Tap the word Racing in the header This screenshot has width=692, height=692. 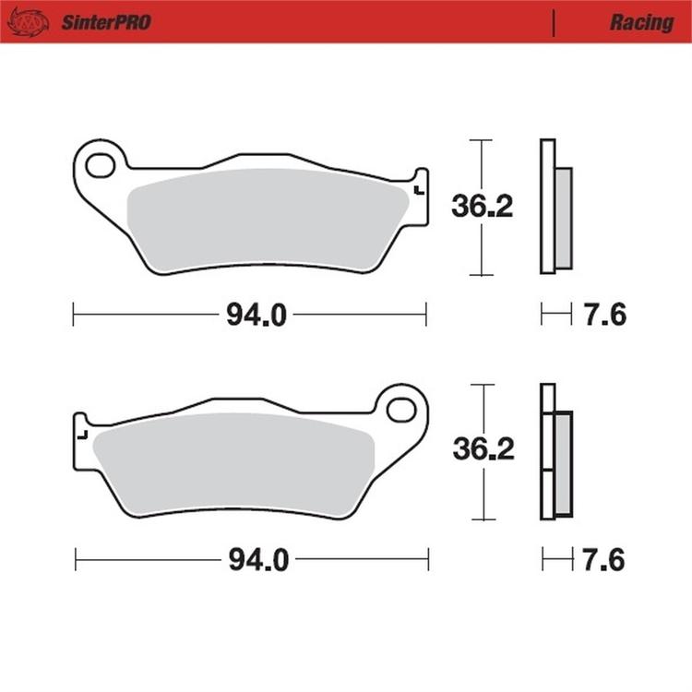click(640, 22)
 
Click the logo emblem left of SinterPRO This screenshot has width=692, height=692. click(27, 21)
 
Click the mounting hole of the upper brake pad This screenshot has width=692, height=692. click(100, 166)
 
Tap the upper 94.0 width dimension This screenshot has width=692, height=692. click(256, 316)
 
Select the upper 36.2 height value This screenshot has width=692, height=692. click(481, 207)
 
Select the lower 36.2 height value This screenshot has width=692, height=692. click(483, 450)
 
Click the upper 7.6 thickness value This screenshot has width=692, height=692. click(604, 316)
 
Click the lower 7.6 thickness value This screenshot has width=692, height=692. click(605, 560)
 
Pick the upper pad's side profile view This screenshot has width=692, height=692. click(555, 206)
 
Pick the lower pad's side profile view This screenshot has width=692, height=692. click(556, 451)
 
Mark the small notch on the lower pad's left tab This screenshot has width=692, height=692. click(83, 435)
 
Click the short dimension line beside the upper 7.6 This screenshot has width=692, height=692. click(556, 316)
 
